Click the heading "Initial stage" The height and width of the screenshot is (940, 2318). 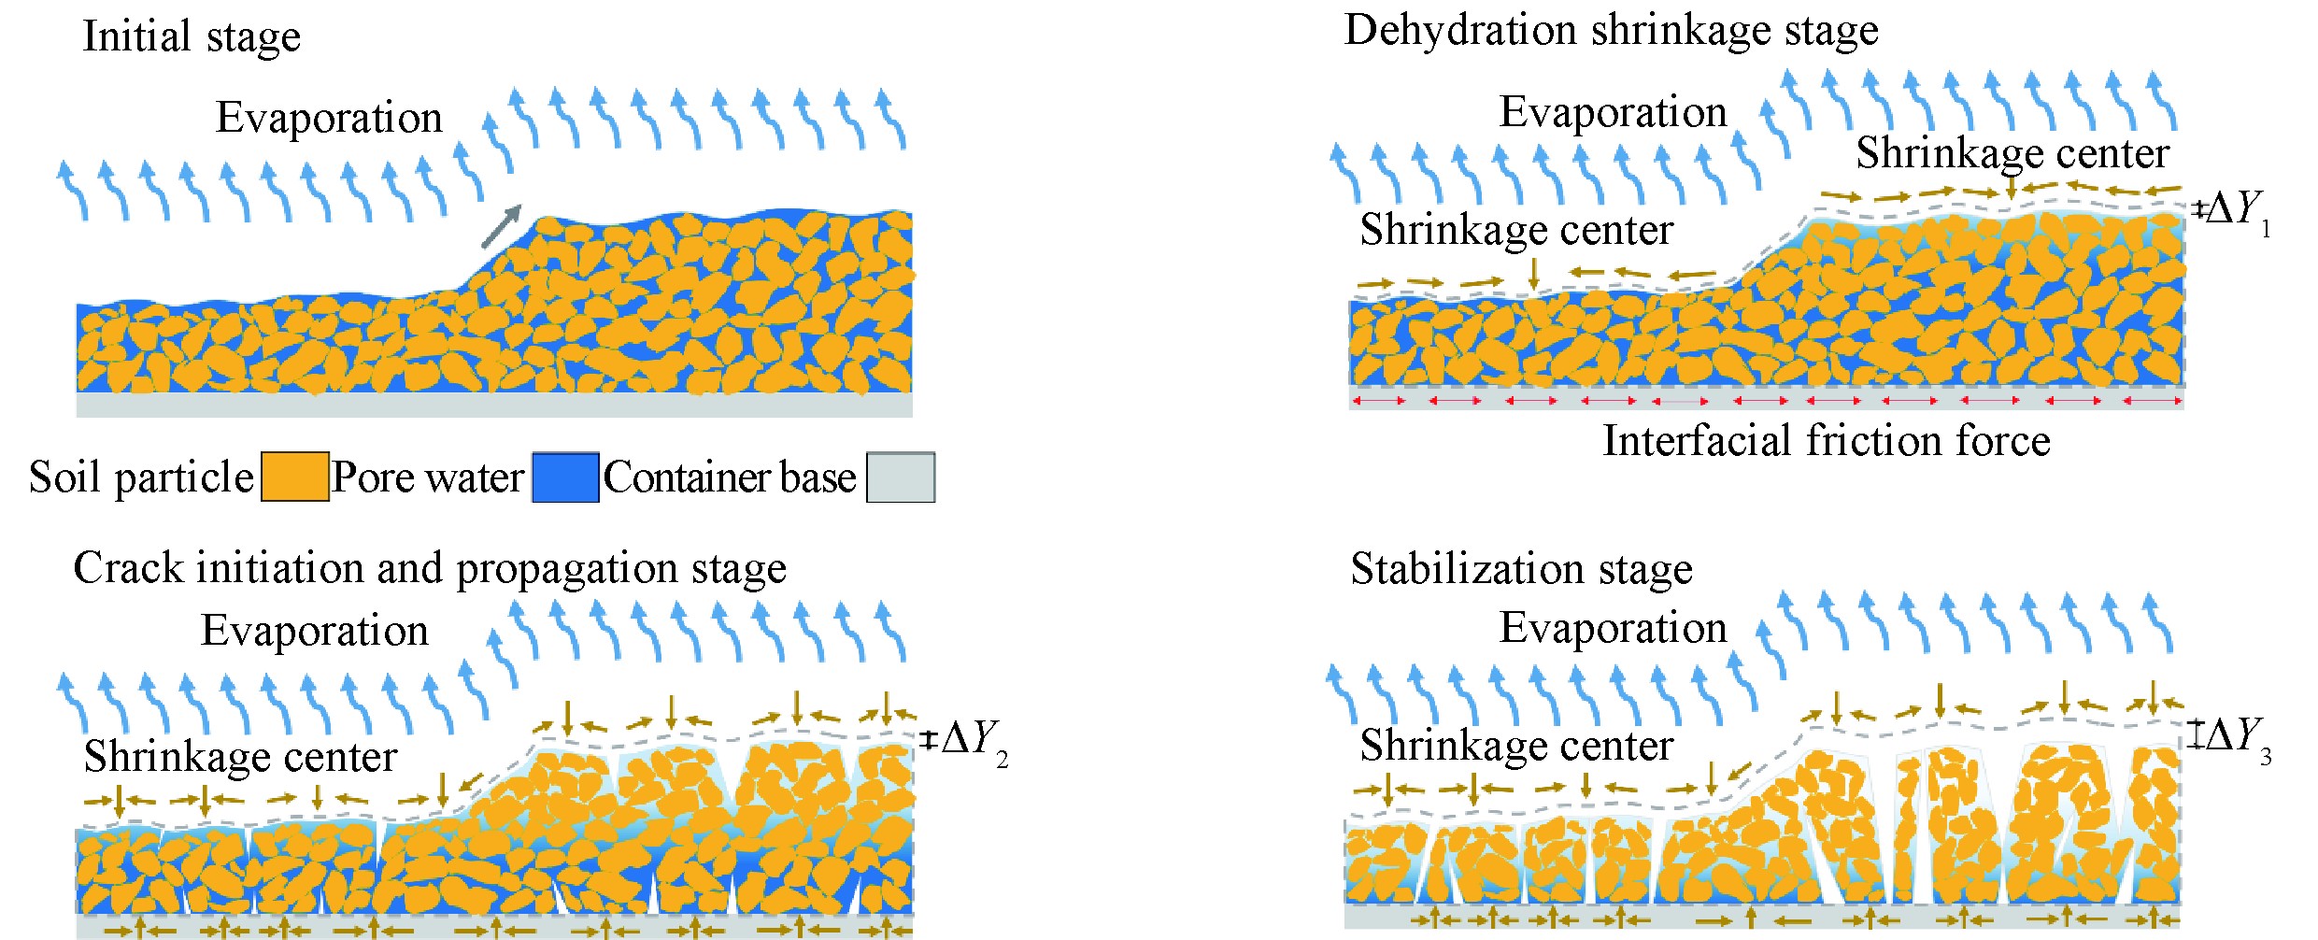pyautogui.click(x=192, y=37)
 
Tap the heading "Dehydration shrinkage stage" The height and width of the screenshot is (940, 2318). pyautogui.click(x=1611, y=31)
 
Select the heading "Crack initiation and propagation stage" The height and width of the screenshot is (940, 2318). pyautogui.click(x=430, y=568)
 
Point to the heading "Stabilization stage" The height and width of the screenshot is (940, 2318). pyautogui.click(x=1521, y=569)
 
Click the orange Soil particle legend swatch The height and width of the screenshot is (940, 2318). pyautogui.click(x=294, y=477)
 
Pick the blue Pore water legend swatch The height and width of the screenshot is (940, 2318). pyautogui.click(x=565, y=477)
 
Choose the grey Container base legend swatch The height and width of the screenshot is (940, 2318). pyautogui.click(x=900, y=477)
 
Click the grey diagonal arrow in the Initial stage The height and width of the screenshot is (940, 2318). pyautogui.click(x=502, y=226)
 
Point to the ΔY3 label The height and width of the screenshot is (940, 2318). pyautogui.click(x=2236, y=736)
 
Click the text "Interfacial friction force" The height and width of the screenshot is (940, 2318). pyautogui.click(x=1827, y=441)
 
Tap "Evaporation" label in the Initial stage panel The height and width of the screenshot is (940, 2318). pyautogui.click(x=329, y=119)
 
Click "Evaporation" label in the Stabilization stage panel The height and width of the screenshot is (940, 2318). pyautogui.click(x=1613, y=628)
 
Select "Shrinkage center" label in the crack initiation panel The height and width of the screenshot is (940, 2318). pyautogui.click(x=240, y=757)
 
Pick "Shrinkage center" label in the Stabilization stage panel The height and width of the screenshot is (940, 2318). pyautogui.click(x=1516, y=746)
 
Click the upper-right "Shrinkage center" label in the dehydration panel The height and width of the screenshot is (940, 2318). pyautogui.click(x=2012, y=153)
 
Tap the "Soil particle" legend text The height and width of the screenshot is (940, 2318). pyautogui.click(x=141, y=477)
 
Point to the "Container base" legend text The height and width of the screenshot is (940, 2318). pyautogui.click(x=729, y=477)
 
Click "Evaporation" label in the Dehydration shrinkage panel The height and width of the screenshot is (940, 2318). pyautogui.click(x=1613, y=113)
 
